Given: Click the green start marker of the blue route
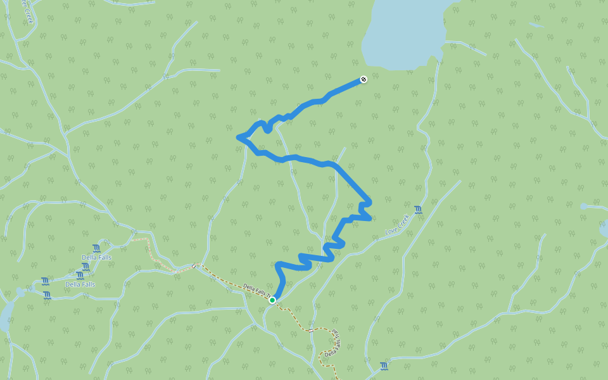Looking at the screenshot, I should [272, 300].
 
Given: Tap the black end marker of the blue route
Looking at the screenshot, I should [364, 79].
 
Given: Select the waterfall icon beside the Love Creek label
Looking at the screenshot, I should [418, 209].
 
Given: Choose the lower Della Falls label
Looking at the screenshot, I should [80, 284].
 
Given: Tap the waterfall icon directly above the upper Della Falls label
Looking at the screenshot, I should [96, 248].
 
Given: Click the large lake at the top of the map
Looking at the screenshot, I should [405, 32].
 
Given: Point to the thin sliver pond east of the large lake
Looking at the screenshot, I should [536, 25].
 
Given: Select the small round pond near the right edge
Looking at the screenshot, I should [583, 206].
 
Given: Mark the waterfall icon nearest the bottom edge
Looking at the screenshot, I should [384, 365].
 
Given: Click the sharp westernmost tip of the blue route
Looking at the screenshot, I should [238, 137].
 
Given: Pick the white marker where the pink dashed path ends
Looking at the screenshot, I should [134, 239].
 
